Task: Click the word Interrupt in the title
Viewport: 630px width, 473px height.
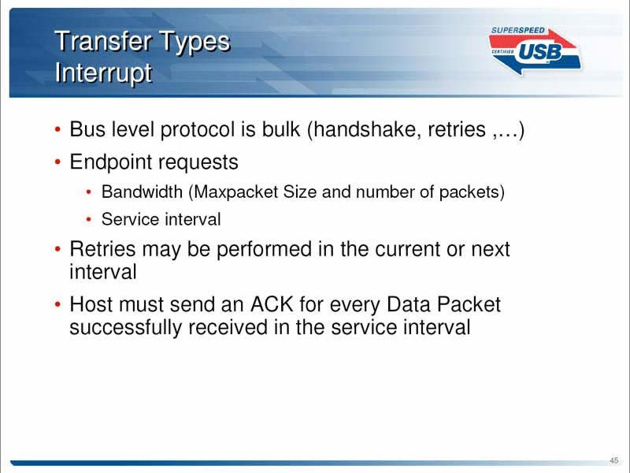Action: [103, 73]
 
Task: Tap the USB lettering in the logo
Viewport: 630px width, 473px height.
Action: [539, 52]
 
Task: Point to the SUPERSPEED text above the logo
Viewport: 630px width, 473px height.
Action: [518, 31]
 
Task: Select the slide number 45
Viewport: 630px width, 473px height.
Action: [613, 460]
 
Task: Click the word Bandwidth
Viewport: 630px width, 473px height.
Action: [142, 192]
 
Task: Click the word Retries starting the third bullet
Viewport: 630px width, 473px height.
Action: [102, 249]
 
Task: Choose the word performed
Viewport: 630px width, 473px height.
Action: [264, 249]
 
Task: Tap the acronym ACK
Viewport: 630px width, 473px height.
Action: [272, 304]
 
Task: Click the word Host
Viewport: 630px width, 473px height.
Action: [91, 304]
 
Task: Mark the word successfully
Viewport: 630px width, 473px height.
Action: [125, 327]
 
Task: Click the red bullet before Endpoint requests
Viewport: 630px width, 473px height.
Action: [57, 162]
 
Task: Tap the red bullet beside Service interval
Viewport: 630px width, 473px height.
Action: [89, 220]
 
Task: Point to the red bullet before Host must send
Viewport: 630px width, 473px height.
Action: [57, 304]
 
